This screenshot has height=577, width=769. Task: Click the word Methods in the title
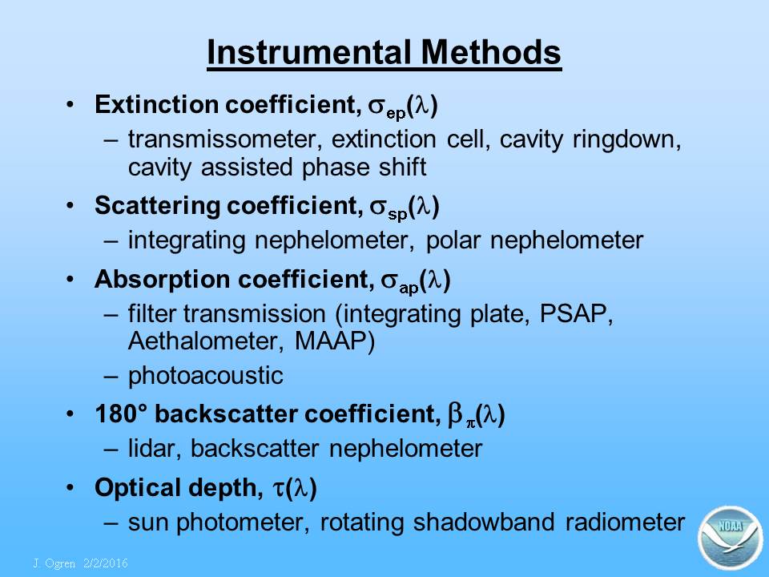(x=491, y=52)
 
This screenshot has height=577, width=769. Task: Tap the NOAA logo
(x=730, y=537)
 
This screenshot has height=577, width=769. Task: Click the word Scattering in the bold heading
(x=157, y=206)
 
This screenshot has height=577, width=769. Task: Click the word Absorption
(x=162, y=280)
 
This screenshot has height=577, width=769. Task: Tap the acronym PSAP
(x=574, y=314)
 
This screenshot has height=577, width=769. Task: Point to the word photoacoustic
(x=206, y=377)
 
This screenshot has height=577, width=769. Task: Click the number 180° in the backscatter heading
(x=121, y=414)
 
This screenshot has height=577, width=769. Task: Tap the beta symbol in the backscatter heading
(x=455, y=414)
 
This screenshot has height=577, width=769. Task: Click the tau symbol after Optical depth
(x=278, y=489)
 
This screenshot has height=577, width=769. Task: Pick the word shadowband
(x=484, y=522)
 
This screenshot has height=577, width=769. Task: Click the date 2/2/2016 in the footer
(x=106, y=563)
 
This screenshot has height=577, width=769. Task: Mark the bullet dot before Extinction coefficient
(x=70, y=104)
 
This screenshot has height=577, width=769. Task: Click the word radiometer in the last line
(x=625, y=522)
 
